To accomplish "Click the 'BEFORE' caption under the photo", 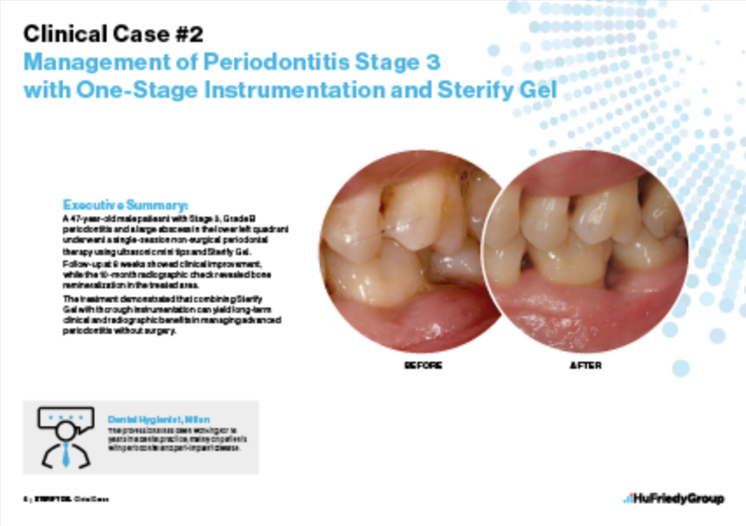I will click(424, 365).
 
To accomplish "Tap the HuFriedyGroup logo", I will click(673, 499).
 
